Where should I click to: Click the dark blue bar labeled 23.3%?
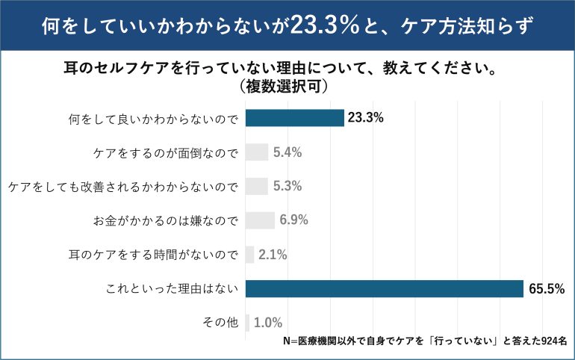click(294, 118)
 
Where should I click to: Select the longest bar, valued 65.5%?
click(384, 288)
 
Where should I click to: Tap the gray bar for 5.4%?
click(256, 152)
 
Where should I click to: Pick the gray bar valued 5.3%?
click(256, 186)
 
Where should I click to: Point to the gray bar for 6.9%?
click(260, 220)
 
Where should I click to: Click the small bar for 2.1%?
click(249, 255)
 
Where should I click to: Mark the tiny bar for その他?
click(247, 323)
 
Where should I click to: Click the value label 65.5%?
click(547, 289)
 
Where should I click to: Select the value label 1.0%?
click(268, 323)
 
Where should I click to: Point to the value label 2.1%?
click(273, 255)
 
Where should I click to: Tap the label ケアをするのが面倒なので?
click(165, 152)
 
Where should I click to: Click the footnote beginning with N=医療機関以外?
click(426, 341)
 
